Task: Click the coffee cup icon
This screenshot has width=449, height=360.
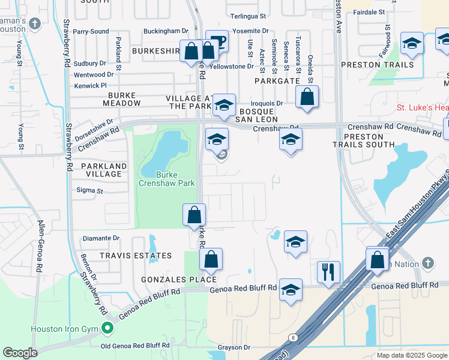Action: pos(217,41)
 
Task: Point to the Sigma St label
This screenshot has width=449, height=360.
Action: pos(90,191)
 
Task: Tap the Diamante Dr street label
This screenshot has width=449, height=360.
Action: pos(101,238)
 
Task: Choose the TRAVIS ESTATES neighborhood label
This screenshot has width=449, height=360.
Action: pos(136,256)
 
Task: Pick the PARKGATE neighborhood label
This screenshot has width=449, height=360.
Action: pos(277,80)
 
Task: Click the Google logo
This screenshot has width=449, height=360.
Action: pos(20,353)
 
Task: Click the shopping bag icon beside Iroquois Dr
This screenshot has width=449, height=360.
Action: pos(307,97)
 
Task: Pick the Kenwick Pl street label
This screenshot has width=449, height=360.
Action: pos(91,85)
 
